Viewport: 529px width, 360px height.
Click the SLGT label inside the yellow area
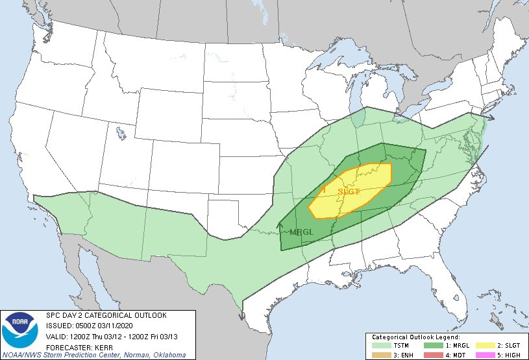pos(349,191)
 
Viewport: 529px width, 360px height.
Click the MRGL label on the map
pos(302,232)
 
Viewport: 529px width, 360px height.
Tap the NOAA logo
pos(19,331)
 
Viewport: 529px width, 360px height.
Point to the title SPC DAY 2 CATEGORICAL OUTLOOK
pos(106,315)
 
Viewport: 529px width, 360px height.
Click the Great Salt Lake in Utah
pos(121,134)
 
